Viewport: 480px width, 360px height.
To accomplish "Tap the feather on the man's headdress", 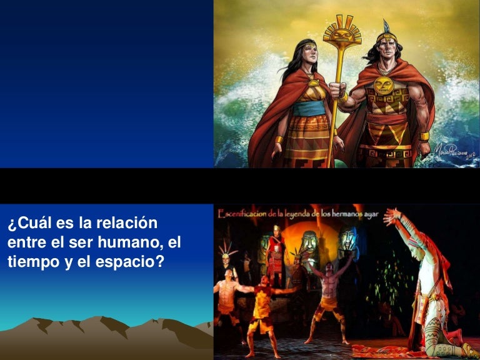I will [386, 26].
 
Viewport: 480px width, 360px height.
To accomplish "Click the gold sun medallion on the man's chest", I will [383, 86].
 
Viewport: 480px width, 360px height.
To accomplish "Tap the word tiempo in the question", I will [29, 261].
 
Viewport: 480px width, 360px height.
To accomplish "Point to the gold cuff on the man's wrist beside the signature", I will [425, 136].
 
